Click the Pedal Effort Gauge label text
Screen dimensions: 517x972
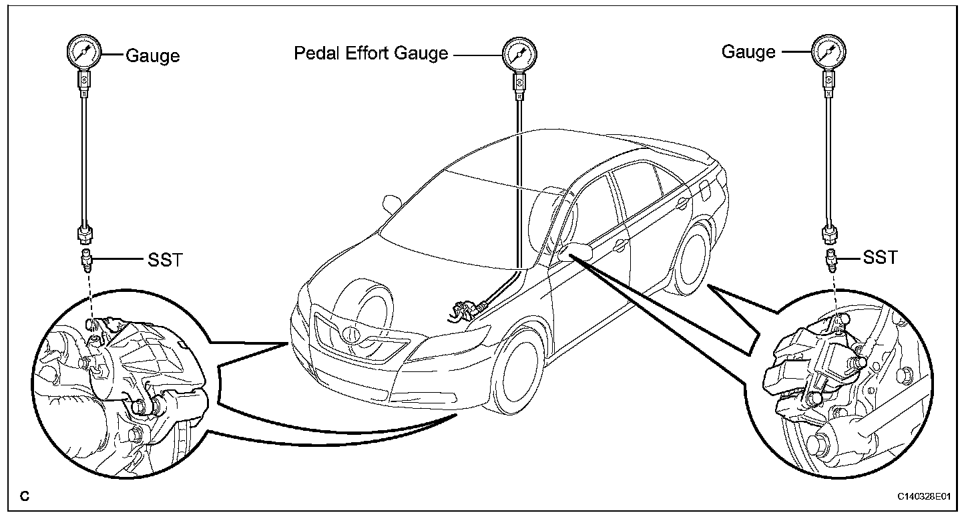click(x=371, y=53)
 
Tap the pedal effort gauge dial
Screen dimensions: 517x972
click(x=519, y=53)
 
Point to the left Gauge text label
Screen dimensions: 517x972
click(x=153, y=55)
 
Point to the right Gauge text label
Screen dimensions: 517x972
click(x=748, y=51)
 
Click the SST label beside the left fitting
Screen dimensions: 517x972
click(x=164, y=259)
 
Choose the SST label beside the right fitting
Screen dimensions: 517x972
click(x=881, y=257)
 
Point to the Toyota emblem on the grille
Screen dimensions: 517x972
click(x=350, y=332)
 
